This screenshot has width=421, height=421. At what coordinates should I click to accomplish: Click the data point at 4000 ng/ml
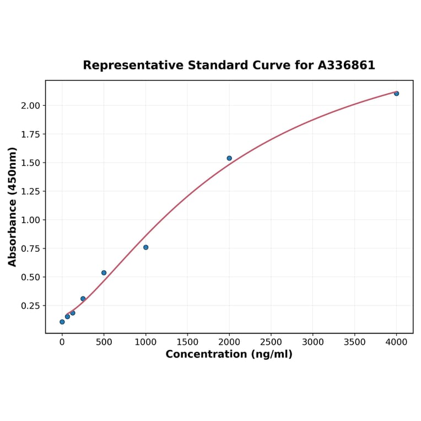coord(396,94)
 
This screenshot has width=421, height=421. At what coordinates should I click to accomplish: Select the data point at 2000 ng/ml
coord(229,158)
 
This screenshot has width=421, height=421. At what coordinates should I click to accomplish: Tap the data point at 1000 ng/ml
coord(145,247)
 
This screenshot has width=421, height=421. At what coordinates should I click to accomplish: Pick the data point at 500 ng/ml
coord(104,273)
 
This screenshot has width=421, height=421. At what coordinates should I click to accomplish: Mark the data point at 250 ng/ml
coord(83,299)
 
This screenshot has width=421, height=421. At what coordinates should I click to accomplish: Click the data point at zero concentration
coord(62,322)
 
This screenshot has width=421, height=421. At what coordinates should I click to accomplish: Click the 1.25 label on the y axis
coord(31,191)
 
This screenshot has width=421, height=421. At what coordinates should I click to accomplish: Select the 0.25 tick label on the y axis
coord(31,306)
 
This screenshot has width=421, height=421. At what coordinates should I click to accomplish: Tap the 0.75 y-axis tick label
coord(31,249)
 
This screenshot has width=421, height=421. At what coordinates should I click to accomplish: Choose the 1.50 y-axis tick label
coord(31,163)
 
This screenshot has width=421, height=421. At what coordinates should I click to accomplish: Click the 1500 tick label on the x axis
coord(187,342)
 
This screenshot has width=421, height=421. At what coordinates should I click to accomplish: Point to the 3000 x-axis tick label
coord(313,342)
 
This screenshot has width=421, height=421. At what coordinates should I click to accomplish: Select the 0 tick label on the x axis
coord(62,342)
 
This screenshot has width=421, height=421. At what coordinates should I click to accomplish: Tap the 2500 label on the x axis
coord(271,342)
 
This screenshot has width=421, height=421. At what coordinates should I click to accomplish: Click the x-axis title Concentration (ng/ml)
coord(229,354)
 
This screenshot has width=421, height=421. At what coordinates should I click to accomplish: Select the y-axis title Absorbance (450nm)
coord(13,207)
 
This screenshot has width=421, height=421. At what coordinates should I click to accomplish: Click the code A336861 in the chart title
coord(346,66)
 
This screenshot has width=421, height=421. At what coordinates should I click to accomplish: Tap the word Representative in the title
coord(134,66)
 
